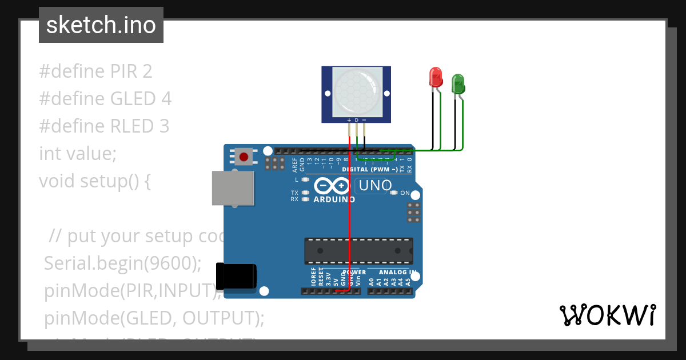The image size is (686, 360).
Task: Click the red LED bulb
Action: [x=436, y=77]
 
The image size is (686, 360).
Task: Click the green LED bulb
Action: [x=458, y=84]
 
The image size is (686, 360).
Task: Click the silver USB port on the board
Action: [x=233, y=187]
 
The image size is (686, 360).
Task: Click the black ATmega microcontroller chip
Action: [x=358, y=251]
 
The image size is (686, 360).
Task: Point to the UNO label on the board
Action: [x=374, y=186]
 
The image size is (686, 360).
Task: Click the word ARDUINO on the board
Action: [x=334, y=199]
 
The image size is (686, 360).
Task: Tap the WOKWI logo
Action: [x=607, y=315]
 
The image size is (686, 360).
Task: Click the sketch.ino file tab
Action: [x=101, y=25]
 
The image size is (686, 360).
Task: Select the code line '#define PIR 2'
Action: [x=95, y=71]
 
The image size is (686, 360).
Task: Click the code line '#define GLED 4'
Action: [x=105, y=99]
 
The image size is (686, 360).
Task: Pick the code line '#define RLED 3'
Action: [x=104, y=126]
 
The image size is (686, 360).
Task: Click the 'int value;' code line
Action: [x=78, y=153]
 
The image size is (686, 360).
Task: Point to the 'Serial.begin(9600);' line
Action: [x=123, y=263]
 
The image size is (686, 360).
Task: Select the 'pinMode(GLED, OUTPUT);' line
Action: [x=154, y=318]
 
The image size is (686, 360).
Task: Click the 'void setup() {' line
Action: [x=95, y=181]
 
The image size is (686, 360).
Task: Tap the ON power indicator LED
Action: [x=393, y=193]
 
